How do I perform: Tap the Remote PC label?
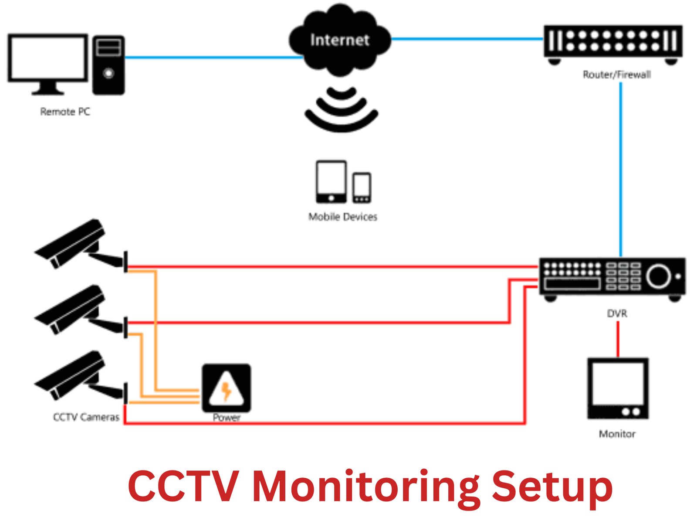pos(65,112)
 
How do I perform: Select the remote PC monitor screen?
pos(48,58)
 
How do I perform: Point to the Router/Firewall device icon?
pos(613,43)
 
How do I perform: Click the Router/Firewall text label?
pos(616,75)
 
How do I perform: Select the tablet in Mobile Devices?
pos(331,181)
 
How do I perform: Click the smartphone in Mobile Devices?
pos(362,187)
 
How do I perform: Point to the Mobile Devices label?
pos(342,217)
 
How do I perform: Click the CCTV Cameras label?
pos(86,417)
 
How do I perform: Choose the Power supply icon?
pos(226,388)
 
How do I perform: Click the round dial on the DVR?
pos(658,276)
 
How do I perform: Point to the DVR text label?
pos(617,313)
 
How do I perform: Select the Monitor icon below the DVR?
pos(617,388)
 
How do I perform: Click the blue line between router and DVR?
pos(620,170)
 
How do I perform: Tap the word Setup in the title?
pos(552,487)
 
